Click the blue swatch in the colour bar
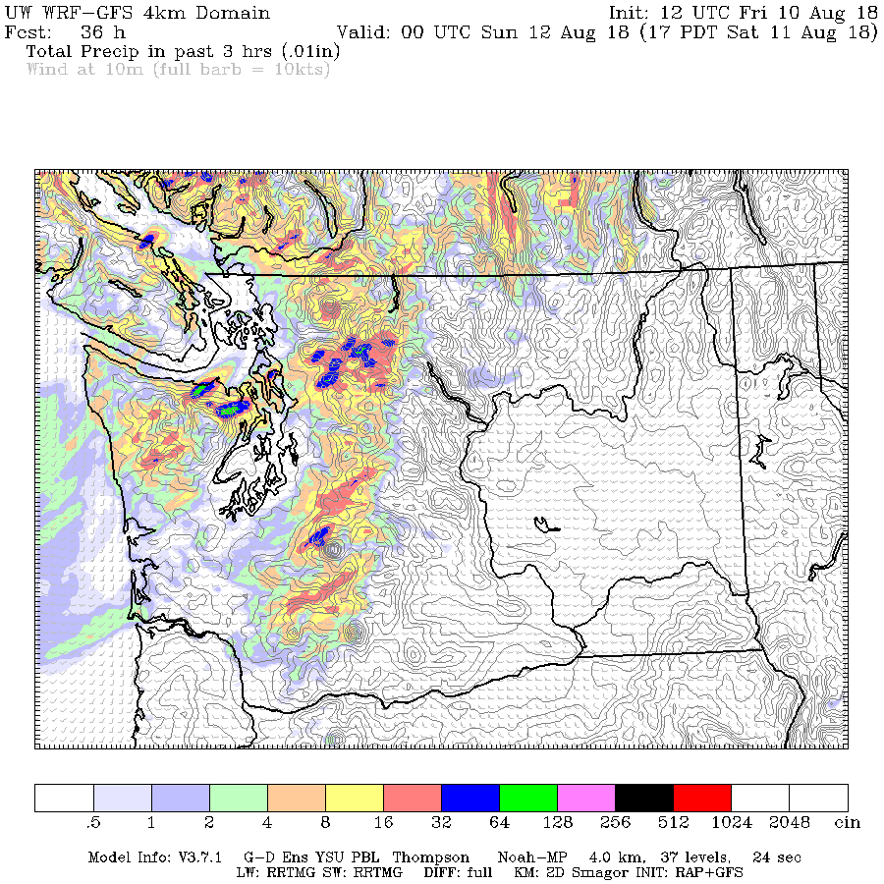[470, 798]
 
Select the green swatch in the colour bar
[528, 798]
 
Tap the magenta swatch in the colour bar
[586, 798]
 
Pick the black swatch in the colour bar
[644, 798]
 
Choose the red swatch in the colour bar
[702, 798]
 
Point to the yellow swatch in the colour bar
[355, 798]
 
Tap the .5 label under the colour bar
[94, 822]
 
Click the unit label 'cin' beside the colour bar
[848, 822]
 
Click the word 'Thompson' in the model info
[431, 857]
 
